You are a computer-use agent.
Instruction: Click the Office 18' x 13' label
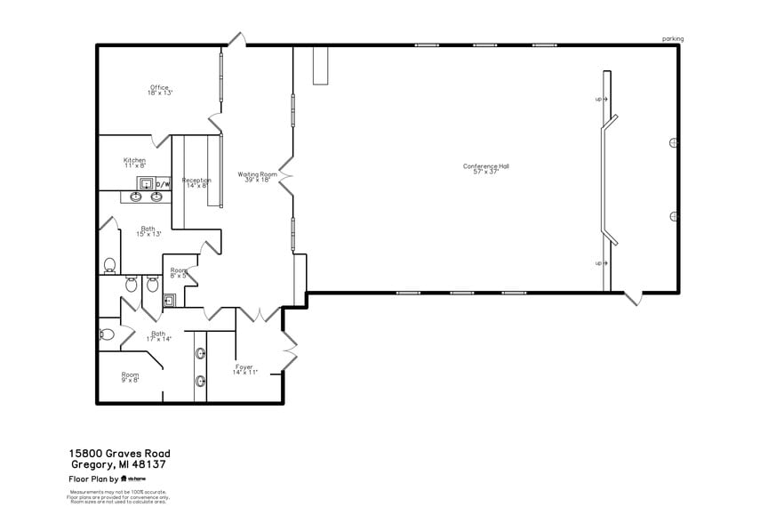click(x=160, y=90)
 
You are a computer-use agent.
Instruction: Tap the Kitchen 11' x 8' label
click(x=134, y=163)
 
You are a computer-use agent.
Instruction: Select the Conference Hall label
click(x=485, y=168)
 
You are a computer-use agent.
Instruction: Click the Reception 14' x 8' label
click(x=196, y=182)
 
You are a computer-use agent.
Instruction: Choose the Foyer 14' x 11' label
click(x=244, y=369)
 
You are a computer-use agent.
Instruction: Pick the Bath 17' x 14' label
click(x=158, y=336)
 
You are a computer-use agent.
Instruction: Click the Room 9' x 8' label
click(x=130, y=377)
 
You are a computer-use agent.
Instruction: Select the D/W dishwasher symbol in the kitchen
click(x=163, y=185)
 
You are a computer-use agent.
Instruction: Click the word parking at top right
click(x=673, y=39)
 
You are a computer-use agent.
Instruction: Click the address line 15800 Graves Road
click(x=120, y=454)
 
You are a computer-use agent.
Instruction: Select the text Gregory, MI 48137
click(x=118, y=464)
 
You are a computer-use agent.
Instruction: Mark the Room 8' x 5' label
click(x=178, y=273)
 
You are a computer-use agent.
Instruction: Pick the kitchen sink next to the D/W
click(x=145, y=184)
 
